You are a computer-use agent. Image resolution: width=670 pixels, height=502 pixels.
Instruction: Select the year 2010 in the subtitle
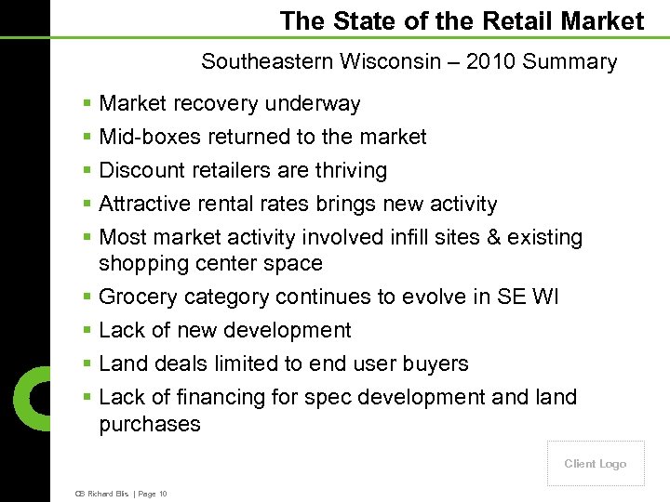pyautogui.click(x=500, y=62)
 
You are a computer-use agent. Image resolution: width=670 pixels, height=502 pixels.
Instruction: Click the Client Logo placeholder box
pyautogui.click(x=596, y=464)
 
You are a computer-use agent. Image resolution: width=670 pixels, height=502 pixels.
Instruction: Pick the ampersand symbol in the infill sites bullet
pyautogui.click(x=493, y=238)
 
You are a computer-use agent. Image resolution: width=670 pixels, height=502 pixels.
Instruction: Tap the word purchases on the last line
pyautogui.click(x=149, y=425)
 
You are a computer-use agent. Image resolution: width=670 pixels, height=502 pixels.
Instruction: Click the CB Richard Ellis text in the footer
pyautogui.click(x=100, y=494)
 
